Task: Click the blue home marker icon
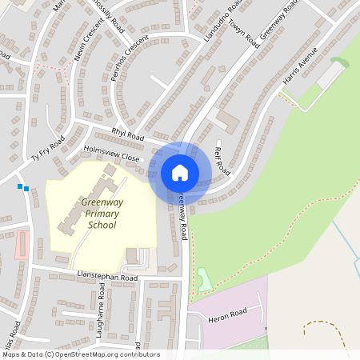(x=180, y=173)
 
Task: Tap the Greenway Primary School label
(x=100, y=213)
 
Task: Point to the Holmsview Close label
(x=111, y=155)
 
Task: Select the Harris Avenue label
(x=300, y=66)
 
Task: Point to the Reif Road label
(x=223, y=160)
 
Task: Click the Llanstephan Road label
(x=108, y=277)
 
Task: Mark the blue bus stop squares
(x=22, y=188)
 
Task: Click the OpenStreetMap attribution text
(x=80, y=354)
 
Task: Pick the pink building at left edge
(x=22, y=244)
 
